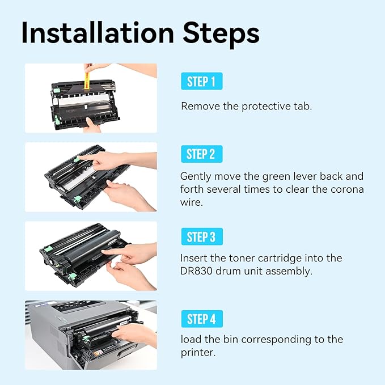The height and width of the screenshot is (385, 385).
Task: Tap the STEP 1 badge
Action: click(201, 82)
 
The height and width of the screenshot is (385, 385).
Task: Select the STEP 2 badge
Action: click(201, 154)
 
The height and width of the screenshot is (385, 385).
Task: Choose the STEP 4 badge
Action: click(201, 319)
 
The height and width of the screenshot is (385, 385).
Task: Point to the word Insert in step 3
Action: click(194, 258)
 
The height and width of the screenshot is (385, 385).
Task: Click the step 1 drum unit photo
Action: click(91, 98)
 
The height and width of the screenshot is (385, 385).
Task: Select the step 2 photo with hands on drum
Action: click(91, 177)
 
